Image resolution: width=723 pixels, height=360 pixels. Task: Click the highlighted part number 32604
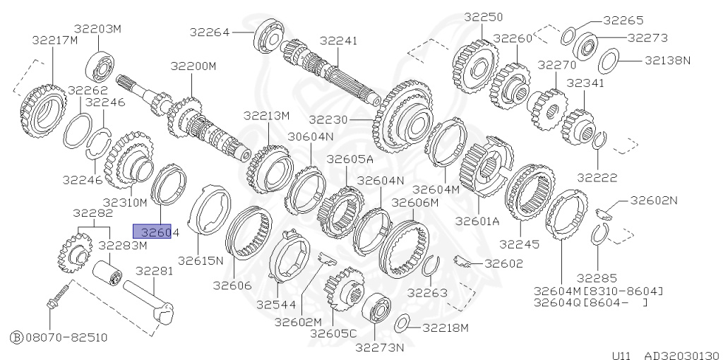coord(152,231)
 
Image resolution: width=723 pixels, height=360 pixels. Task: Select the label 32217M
coord(54,40)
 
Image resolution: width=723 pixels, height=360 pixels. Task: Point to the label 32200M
coord(193,66)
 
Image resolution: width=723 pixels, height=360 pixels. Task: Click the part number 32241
coord(340,41)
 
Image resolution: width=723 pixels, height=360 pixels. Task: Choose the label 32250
coord(483,16)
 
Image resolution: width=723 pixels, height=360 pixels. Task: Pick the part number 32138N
coord(667,61)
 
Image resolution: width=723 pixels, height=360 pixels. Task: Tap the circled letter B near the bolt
coord(16,337)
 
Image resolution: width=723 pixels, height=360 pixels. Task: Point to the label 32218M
coord(446,328)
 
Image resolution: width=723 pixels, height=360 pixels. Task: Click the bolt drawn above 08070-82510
coord(56,296)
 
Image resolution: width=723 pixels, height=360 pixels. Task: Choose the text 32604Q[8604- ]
coord(590,303)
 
